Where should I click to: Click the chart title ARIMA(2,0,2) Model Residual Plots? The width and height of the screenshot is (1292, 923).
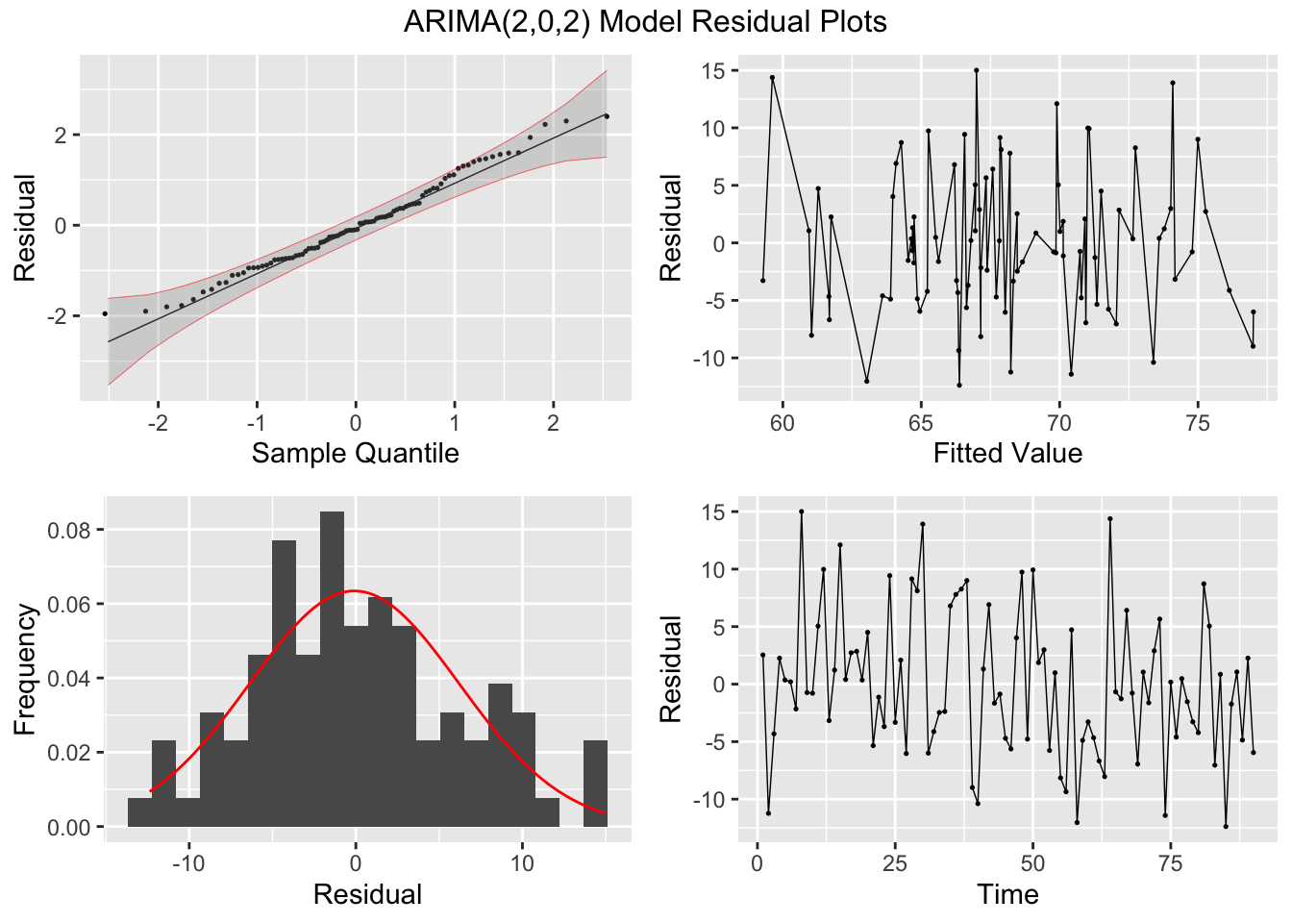[645, 21]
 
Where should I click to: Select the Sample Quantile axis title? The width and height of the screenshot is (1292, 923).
[355, 453]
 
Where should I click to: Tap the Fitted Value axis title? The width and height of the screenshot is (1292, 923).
[1007, 453]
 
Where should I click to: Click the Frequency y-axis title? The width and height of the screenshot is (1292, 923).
[25, 668]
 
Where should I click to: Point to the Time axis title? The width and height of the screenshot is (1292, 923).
[1007, 894]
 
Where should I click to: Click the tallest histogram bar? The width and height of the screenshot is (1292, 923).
[332, 669]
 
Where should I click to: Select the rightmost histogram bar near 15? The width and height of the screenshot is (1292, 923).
[595, 784]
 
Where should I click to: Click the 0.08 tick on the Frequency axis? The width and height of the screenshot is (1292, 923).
[71, 531]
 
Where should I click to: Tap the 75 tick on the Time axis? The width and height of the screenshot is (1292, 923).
[1171, 863]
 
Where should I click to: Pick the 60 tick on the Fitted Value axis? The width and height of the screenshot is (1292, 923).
[783, 422]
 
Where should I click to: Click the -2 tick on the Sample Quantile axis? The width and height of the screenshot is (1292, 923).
[158, 422]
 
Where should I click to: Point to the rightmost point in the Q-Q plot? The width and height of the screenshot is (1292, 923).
[607, 116]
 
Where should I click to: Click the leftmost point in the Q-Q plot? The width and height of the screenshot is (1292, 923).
[105, 313]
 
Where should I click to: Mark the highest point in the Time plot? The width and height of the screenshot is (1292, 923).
[801, 511]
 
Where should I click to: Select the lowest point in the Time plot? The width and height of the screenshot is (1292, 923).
[1226, 826]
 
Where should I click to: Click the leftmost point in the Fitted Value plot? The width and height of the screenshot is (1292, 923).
[762, 281]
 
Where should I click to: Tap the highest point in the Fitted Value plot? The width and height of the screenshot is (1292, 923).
[976, 70]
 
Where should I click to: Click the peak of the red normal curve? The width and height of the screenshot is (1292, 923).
[355, 590]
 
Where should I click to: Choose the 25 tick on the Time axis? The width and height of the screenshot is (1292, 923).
[895, 863]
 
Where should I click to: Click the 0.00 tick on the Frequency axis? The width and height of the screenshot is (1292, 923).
[71, 827]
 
